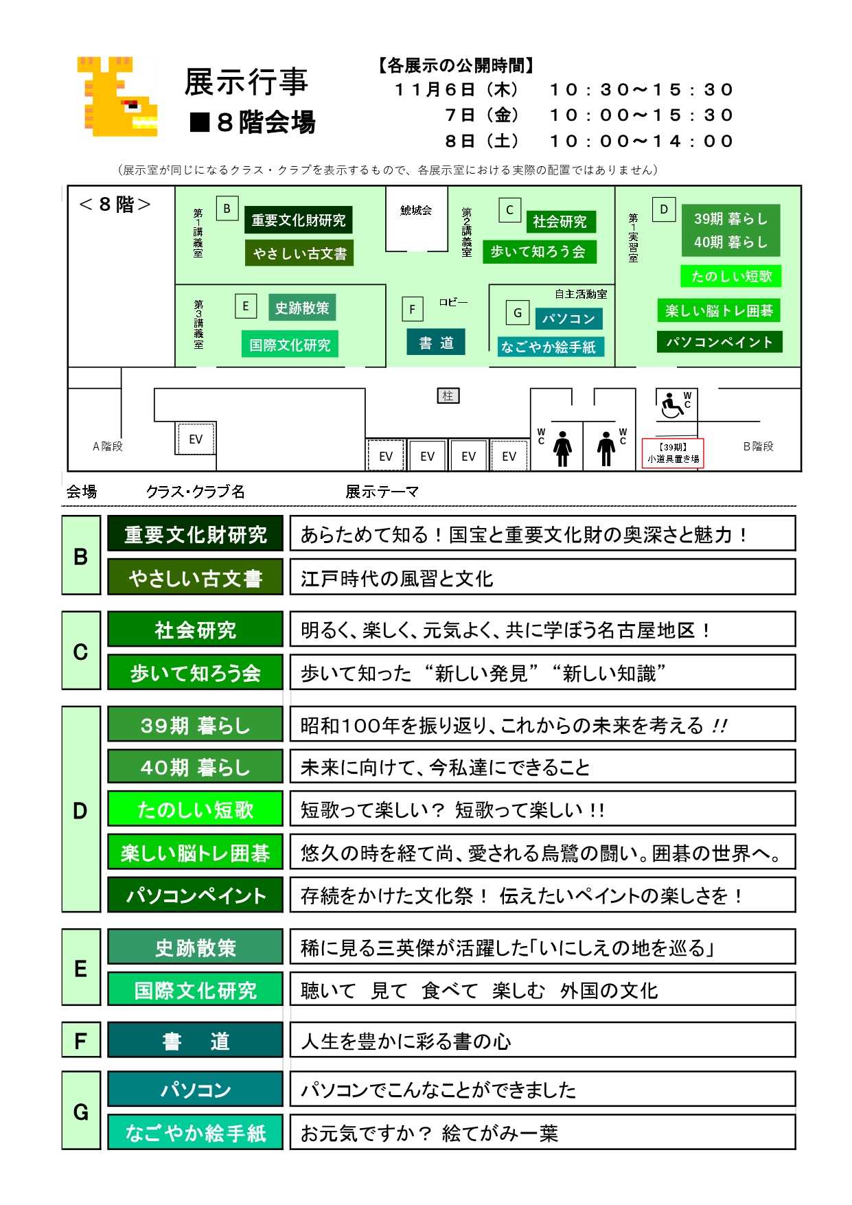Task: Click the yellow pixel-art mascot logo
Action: point(117,96)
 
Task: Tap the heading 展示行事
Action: point(246,82)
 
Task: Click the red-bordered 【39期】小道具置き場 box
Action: point(673,453)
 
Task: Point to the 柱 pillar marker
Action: point(448,395)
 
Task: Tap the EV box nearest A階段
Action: point(196,439)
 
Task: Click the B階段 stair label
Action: point(758,446)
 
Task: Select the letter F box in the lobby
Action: point(412,309)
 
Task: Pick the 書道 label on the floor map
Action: point(437,343)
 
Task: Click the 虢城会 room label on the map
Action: point(416,210)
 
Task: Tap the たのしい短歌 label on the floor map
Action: point(731,276)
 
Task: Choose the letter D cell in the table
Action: point(81,810)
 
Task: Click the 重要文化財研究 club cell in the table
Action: point(196,533)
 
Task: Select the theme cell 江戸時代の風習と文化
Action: point(542,577)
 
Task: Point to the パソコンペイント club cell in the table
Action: point(196,895)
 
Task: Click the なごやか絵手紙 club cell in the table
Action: point(196,1132)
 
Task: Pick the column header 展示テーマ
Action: point(382,492)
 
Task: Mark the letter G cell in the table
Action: point(81,1110)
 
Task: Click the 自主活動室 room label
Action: point(581,294)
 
